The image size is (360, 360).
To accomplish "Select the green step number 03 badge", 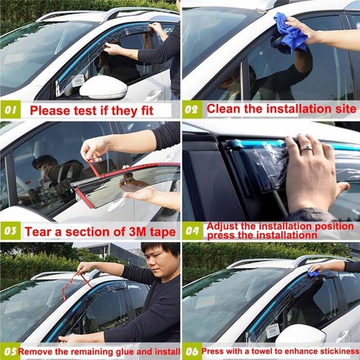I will [x=11, y=231].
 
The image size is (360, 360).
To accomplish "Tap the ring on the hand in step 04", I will [x=306, y=147].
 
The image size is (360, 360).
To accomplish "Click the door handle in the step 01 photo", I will [x=153, y=94].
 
